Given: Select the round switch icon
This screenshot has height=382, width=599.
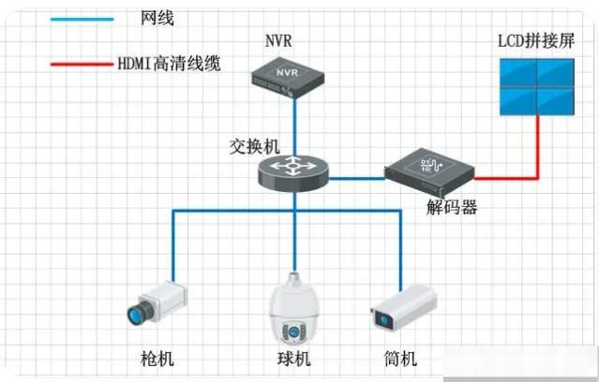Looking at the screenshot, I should (x=293, y=169).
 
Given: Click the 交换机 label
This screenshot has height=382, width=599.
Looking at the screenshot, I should (x=254, y=146).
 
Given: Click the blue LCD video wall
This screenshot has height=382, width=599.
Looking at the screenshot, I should (x=537, y=87).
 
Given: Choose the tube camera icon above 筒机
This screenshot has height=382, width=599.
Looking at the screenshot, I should (x=404, y=307).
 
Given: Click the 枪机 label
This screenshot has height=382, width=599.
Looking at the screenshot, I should (x=157, y=360).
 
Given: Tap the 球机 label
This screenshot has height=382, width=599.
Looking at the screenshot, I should (x=293, y=360).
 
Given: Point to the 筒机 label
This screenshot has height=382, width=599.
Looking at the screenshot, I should (x=401, y=360).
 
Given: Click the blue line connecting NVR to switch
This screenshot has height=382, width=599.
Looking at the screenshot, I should (x=294, y=122).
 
